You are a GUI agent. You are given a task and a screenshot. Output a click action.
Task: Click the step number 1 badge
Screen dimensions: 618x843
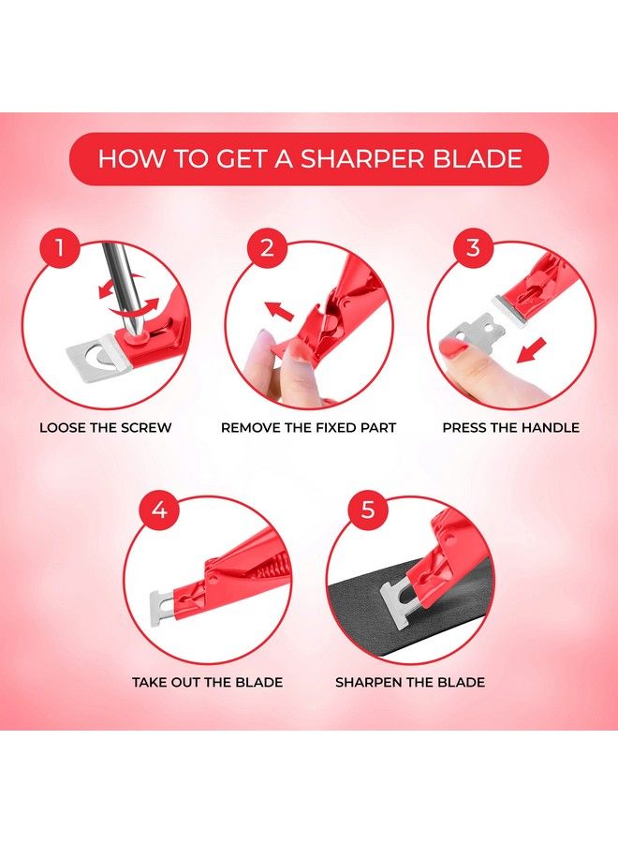pos(60,248)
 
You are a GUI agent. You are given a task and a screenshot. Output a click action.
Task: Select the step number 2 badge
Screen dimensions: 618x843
pos(267,248)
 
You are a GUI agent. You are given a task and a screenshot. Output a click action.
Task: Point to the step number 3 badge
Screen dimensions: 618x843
pos(473,248)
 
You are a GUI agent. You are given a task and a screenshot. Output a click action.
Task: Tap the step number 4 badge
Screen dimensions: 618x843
pos(159,510)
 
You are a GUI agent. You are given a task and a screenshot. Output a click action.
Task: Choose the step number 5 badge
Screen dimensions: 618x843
pos(368,510)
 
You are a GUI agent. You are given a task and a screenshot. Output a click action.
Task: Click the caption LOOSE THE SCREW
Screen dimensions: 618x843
pos(105,428)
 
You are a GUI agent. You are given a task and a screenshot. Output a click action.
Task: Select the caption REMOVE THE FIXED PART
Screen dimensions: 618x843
pos(308,428)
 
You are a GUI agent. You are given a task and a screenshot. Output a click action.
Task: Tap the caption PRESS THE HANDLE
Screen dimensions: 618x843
pos(511,428)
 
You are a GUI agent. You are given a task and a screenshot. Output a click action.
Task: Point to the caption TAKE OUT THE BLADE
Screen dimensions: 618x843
pos(208,682)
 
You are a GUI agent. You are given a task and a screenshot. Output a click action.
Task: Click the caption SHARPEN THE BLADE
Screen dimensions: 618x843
pos(410,682)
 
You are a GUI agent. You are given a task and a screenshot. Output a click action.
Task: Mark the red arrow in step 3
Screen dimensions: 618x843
pos(531,350)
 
